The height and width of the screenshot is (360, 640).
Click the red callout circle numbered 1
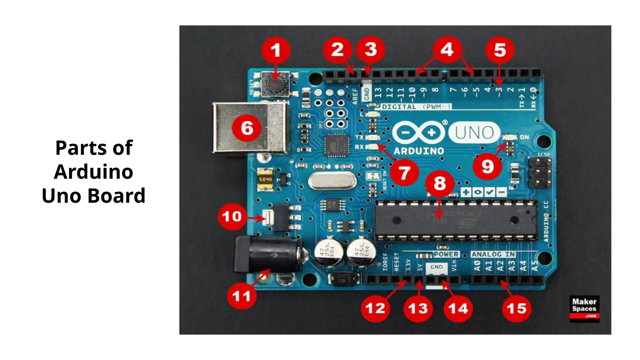(276, 50)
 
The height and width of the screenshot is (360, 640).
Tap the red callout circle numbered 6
(247, 128)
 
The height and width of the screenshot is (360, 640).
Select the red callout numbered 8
(440, 183)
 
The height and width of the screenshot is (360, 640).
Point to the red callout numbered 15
(516, 308)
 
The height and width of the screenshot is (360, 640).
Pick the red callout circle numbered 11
(242, 296)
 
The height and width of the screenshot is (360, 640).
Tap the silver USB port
(250, 127)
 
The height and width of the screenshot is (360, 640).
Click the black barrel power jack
(267, 255)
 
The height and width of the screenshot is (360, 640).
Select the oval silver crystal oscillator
(332, 181)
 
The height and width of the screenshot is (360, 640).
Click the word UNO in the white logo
(474, 132)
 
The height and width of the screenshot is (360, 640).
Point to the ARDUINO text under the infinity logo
(419, 151)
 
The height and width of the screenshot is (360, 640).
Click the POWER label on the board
(446, 254)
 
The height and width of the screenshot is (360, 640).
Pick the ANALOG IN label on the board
(493, 254)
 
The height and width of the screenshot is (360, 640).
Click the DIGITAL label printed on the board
(399, 107)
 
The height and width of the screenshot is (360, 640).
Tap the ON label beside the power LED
(524, 137)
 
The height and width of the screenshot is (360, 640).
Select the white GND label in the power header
(436, 267)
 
